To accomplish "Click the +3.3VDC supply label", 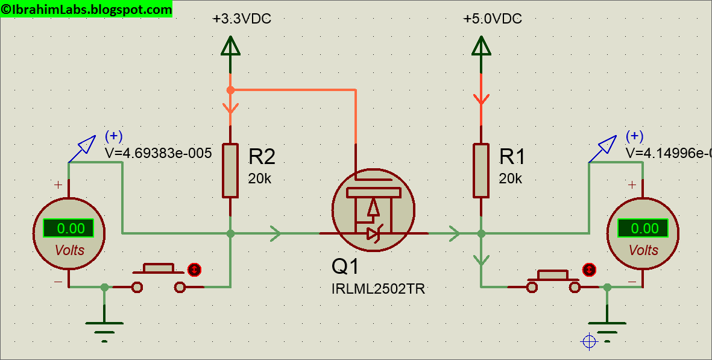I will click(242, 19).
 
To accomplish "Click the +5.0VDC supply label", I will click(492, 19).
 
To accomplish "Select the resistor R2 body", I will click(230, 170).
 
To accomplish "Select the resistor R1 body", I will click(480, 170).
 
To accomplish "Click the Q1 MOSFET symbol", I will click(373, 208).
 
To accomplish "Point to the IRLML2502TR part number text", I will click(378, 289).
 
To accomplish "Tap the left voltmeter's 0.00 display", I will click(68, 229).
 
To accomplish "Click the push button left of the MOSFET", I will click(159, 277).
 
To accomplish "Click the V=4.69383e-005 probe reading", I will click(158, 153).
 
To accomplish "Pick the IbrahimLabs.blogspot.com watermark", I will click(86, 9).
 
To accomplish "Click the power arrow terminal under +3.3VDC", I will click(230, 46).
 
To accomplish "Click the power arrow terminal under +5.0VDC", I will click(480, 46).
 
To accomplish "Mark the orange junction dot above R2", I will click(230, 90).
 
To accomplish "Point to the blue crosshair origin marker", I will click(588, 342).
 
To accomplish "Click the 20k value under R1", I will click(510, 178).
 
